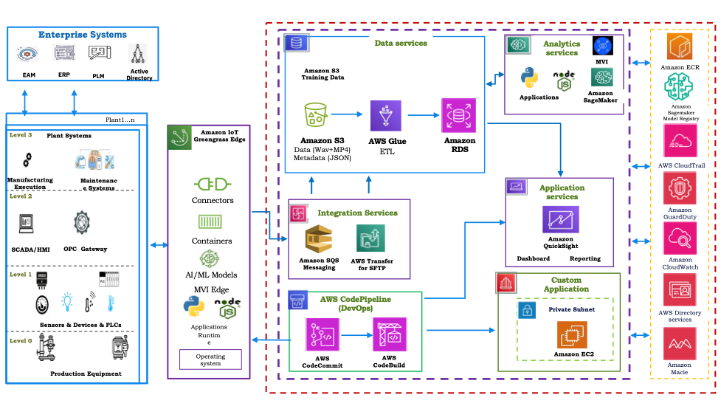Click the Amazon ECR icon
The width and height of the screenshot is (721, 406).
coord(680,47)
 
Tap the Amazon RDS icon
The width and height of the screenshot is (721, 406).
coord(458,116)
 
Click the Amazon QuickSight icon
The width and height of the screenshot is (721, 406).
coord(561,219)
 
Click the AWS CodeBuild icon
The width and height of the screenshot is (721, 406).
coord(388,335)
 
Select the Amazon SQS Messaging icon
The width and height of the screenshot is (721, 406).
coord(319,239)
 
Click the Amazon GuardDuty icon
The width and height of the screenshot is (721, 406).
coord(679,189)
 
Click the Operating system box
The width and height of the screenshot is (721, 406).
coord(210,359)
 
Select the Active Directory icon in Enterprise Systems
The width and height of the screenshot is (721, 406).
coord(139,55)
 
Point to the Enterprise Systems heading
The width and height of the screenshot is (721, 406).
coord(83,35)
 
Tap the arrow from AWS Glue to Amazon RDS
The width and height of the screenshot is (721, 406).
coord(421,115)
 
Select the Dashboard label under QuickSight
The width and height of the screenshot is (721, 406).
coord(532,259)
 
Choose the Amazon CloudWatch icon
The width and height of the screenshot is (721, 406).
coord(679,238)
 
